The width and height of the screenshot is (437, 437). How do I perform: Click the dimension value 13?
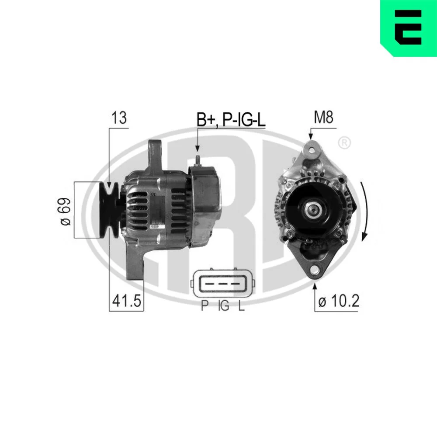point(119,118)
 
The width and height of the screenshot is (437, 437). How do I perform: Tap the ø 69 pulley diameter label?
point(66,212)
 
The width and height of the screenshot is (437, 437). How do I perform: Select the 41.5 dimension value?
point(127,301)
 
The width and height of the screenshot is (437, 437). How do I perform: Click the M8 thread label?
point(323,117)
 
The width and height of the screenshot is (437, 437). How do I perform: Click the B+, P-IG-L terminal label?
point(231,120)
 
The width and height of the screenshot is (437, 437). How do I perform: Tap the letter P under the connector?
point(205,305)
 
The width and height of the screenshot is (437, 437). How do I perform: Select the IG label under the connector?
point(224,305)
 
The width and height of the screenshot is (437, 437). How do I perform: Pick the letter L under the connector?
point(241,305)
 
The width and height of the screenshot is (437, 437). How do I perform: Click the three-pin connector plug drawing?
point(222,284)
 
